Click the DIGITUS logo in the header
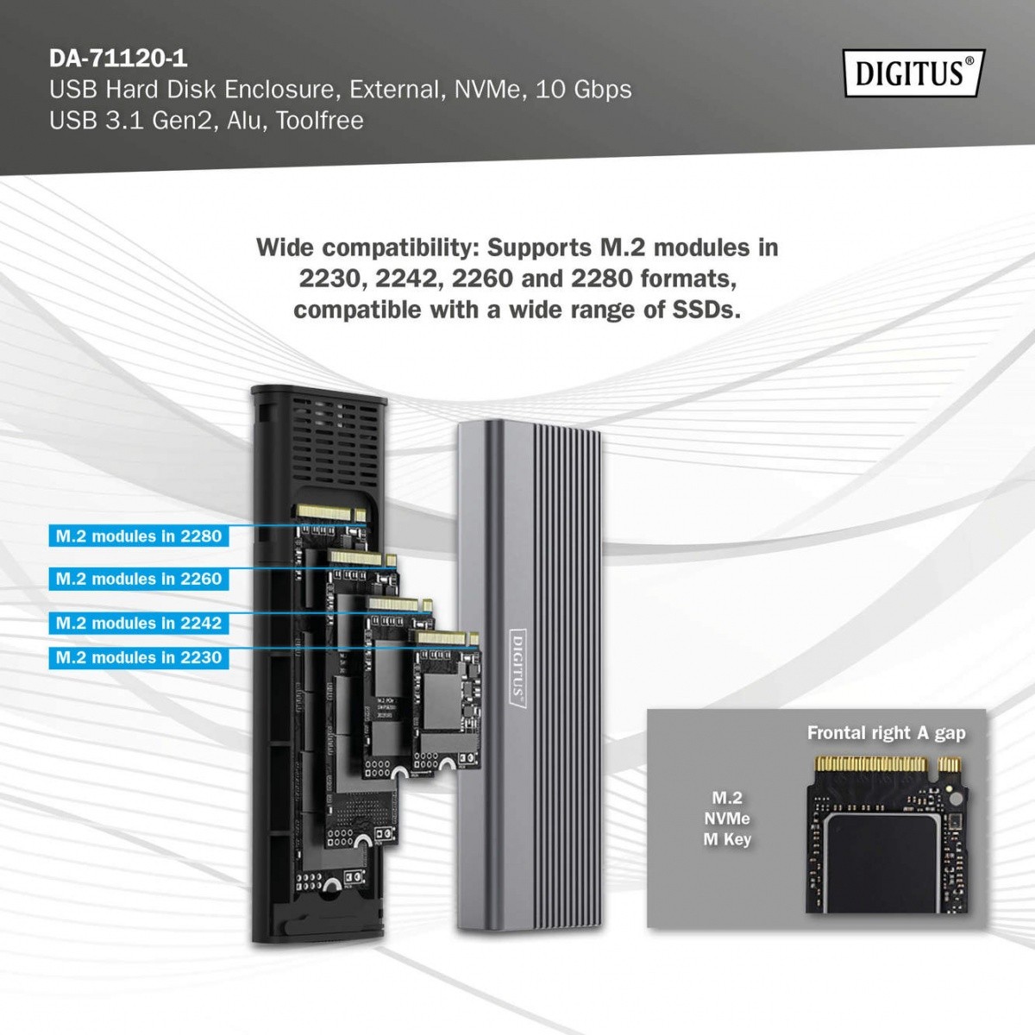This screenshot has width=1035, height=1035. pos(913,73)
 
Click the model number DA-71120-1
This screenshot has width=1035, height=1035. pos(118,59)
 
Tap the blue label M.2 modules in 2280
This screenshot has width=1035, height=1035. pos(139,536)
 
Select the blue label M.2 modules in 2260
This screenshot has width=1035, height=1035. pos(139,579)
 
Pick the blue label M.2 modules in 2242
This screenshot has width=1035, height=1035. pos(139,623)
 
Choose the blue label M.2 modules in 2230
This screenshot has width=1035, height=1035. pos(139,658)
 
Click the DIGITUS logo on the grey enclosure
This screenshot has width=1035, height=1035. pos(517,669)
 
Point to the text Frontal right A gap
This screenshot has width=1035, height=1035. pos(886,733)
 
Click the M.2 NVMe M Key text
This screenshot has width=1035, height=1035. pos(727,819)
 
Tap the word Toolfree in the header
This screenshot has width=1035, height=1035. pos(320,120)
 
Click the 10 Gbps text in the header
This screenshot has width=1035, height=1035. pos(584,90)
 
